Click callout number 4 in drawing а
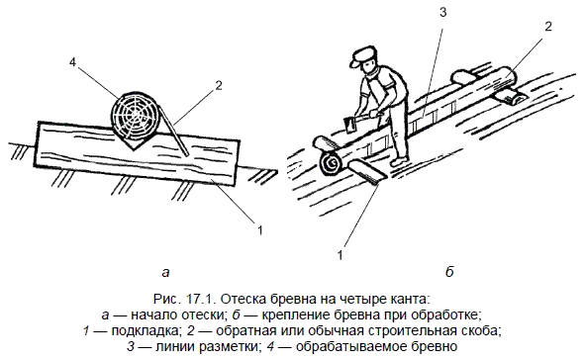[x=72, y=63]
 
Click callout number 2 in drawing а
[x=219, y=86]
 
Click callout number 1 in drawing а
[x=260, y=229]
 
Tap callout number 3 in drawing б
[x=442, y=13]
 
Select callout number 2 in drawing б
[x=548, y=27]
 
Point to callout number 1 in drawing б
[x=340, y=255]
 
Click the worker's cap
[x=360, y=55]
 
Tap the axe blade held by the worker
[x=350, y=126]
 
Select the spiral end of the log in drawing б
[x=331, y=163]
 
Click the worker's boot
[x=399, y=160]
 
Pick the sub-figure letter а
[x=166, y=272]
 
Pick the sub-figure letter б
[x=449, y=272]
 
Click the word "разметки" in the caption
[x=228, y=346]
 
